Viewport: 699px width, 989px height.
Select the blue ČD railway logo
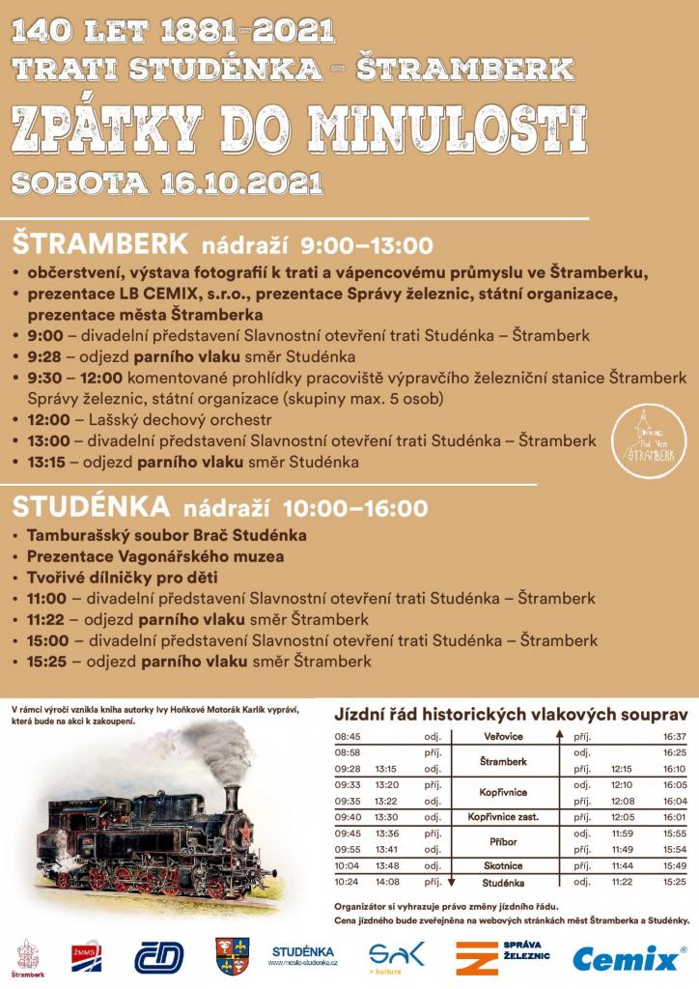tap(159, 957)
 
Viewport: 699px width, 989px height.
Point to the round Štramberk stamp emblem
tap(648, 442)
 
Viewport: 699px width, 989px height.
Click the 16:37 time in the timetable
tap(675, 736)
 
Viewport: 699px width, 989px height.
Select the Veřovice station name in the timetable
tap(502, 736)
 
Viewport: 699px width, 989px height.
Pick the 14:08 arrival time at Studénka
tap(388, 881)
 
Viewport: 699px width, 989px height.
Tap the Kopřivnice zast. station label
tap(502, 816)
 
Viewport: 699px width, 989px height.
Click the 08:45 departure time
tap(348, 736)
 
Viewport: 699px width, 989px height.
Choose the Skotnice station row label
tap(502, 864)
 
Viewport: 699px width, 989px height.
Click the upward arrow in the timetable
tap(559, 736)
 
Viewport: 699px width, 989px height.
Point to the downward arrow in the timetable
tap(451, 881)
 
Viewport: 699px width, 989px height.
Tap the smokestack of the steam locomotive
tap(231, 797)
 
